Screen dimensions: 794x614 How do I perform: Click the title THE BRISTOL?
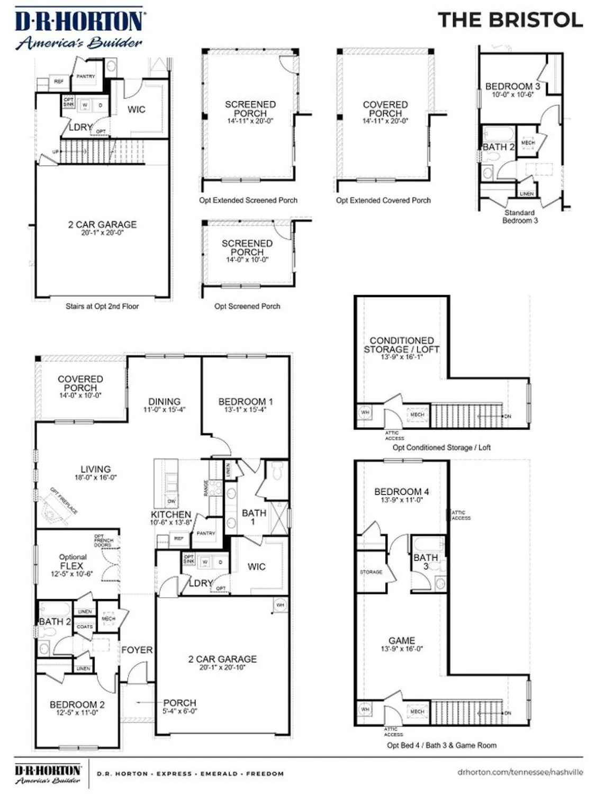click(x=510, y=20)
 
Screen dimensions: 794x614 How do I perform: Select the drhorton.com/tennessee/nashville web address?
click(x=520, y=772)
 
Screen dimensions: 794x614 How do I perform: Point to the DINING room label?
click(x=164, y=402)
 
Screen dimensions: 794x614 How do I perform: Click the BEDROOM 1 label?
click(x=246, y=402)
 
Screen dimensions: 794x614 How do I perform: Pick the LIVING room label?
click(x=95, y=469)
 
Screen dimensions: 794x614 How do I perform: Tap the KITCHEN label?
click(x=171, y=515)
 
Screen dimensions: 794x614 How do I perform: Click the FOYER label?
click(x=137, y=649)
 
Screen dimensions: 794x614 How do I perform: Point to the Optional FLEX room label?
click(x=72, y=565)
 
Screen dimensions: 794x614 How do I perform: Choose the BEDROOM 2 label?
click(x=77, y=705)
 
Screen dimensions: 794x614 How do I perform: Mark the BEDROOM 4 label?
click(x=401, y=492)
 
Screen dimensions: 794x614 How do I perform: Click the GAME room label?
click(x=401, y=640)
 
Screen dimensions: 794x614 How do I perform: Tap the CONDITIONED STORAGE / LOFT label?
click(x=401, y=345)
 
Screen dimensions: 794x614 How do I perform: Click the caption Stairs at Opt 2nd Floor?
click(x=102, y=306)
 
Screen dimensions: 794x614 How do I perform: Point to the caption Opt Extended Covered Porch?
click(x=383, y=200)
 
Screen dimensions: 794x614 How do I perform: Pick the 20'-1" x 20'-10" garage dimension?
click(x=222, y=667)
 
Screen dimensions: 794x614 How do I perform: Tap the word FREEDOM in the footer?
click(x=265, y=773)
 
